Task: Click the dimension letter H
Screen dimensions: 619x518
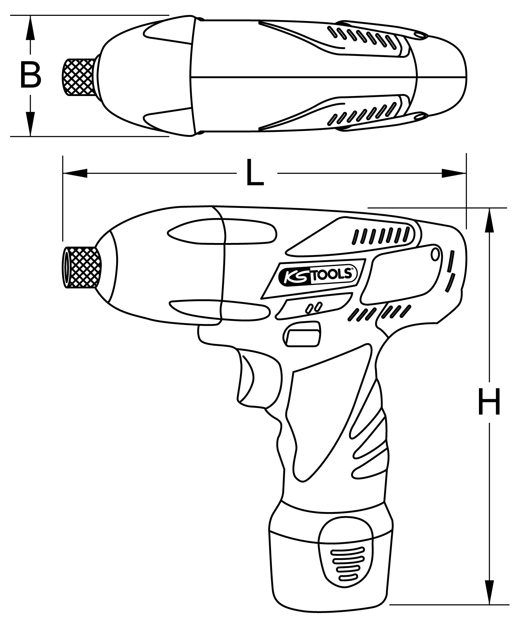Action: pos(489,402)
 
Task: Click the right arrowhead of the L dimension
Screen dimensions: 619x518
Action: pos(454,173)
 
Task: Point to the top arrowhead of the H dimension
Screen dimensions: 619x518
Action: pos(489,220)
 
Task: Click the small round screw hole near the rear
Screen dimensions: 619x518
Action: pos(435,254)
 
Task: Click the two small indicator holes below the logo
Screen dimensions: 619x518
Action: pos(314,307)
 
